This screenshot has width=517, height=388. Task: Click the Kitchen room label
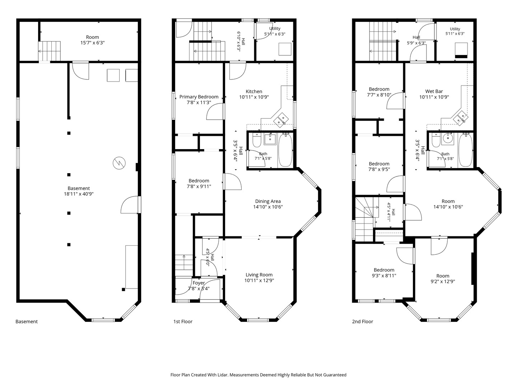[x=254, y=91]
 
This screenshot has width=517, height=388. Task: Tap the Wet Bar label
[x=434, y=91]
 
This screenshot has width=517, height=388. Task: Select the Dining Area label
[x=268, y=201]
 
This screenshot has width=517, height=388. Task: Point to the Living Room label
[x=259, y=275]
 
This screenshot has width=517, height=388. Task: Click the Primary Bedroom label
[x=199, y=97]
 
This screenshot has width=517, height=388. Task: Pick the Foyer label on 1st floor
[x=199, y=283]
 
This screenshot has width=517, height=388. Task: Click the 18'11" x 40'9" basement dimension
[x=79, y=194]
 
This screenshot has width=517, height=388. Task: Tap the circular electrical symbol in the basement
[x=119, y=163]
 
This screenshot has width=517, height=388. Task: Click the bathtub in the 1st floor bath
[x=285, y=151]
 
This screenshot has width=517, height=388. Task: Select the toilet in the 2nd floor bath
[x=436, y=140]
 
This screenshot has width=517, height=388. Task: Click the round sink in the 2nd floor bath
[x=447, y=139]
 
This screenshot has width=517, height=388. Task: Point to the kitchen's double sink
[x=281, y=120]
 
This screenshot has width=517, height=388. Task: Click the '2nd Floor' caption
[x=363, y=322]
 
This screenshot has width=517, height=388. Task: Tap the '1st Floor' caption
[x=183, y=322]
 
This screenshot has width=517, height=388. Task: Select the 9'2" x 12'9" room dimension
[x=443, y=282]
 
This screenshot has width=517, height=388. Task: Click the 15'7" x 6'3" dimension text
[x=92, y=43]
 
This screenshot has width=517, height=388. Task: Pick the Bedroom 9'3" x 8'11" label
[x=384, y=273]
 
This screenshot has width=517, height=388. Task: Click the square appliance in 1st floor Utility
[x=285, y=49]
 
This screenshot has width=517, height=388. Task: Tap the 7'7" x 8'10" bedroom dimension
[x=379, y=95]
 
